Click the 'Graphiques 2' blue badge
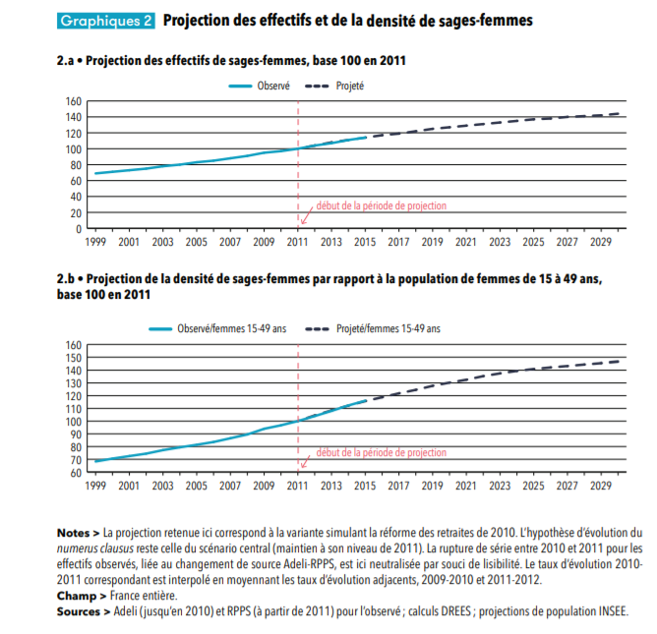[106, 20]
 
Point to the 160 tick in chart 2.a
[74, 101]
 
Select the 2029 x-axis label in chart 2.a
[601, 242]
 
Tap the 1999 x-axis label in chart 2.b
[95, 486]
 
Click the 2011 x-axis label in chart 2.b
[297, 486]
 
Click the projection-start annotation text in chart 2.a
[381, 206]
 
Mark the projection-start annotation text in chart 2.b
[381, 452]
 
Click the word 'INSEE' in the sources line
[608, 611]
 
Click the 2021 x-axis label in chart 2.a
[466, 242]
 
